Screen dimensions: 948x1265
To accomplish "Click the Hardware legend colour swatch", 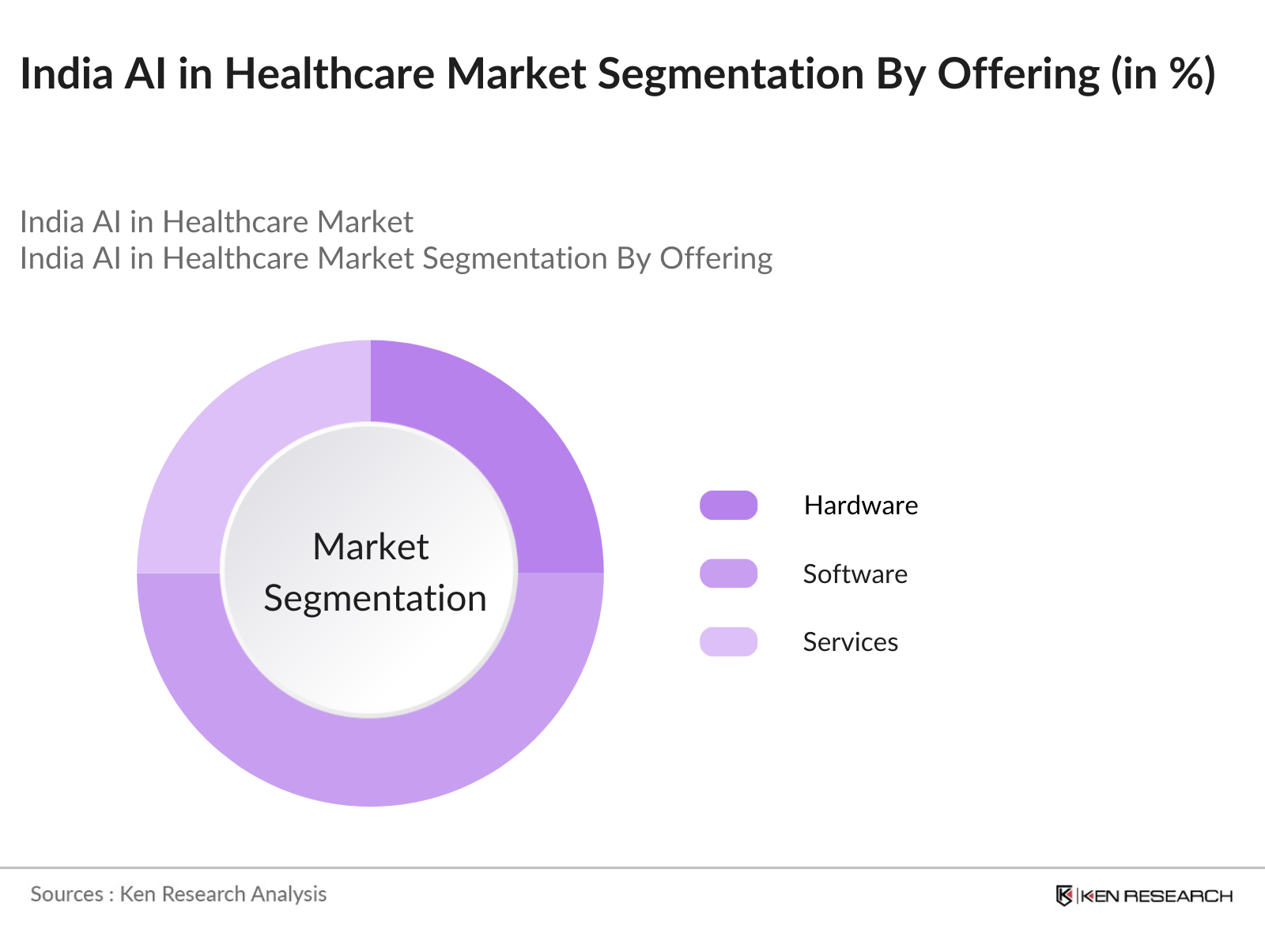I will pyautogui.click(x=728, y=506).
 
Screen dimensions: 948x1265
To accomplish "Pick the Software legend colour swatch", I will pyautogui.click(x=728, y=574).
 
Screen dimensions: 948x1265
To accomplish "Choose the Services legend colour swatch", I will pyautogui.click(x=728, y=641).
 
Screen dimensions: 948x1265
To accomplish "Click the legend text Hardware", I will pyautogui.click(x=860, y=506).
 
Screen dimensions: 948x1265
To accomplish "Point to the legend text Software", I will pyautogui.click(x=855, y=574).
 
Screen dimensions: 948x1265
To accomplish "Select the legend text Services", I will pyautogui.click(x=850, y=641).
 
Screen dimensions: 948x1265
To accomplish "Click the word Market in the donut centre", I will pyautogui.click(x=370, y=547).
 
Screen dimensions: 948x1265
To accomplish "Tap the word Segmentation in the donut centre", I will pyautogui.click(x=375, y=598).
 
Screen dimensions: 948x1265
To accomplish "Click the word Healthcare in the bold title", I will pyautogui.click(x=329, y=73).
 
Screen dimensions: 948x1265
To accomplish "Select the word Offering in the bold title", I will pyautogui.click(x=1018, y=73).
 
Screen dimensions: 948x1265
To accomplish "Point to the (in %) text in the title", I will pyautogui.click(x=1163, y=73).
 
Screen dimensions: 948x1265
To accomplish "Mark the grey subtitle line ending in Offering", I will pyautogui.click(x=395, y=258).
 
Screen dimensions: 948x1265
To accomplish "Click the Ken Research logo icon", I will pyautogui.click(x=1064, y=895).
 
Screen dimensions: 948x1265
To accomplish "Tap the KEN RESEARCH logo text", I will pyautogui.click(x=1156, y=896).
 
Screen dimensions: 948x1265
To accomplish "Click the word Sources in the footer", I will pyautogui.click(x=66, y=894).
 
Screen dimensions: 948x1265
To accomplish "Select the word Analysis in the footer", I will pyautogui.click(x=289, y=894).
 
